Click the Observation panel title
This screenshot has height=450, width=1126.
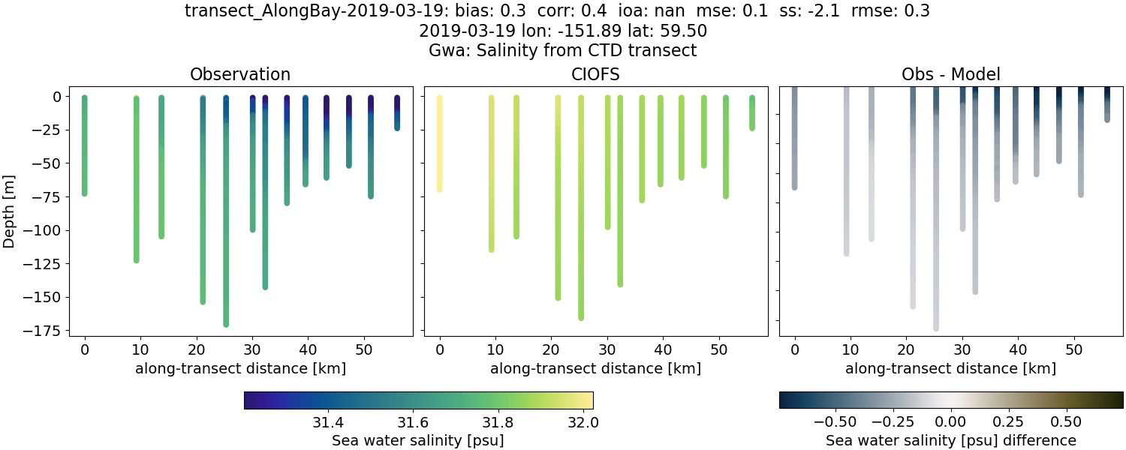(x=240, y=74)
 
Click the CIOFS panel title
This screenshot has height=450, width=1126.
(x=595, y=74)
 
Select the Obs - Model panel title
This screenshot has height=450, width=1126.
(x=950, y=74)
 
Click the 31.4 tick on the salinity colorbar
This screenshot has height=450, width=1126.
(x=327, y=422)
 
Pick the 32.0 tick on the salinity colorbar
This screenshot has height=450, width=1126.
(x=583, y=422)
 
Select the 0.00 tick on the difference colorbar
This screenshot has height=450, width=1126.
(x=951, y=422)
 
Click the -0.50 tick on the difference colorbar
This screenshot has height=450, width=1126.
(x=836, y=422)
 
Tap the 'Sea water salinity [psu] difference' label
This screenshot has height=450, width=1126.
(x=950, y=440)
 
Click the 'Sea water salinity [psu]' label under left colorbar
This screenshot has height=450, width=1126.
(x=417, y=440)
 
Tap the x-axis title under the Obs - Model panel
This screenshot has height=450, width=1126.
(x=950, y=368)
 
